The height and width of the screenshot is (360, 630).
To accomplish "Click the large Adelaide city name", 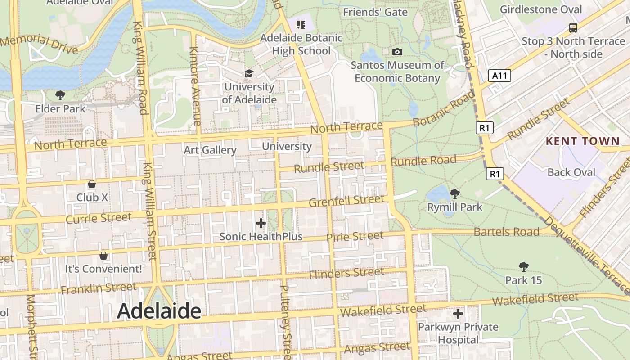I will [159, 311].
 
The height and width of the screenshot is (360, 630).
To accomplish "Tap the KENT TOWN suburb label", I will [583, 141].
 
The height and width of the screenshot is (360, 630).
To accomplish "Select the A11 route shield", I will [500, 76].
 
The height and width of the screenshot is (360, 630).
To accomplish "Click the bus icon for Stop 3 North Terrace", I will [573, 28].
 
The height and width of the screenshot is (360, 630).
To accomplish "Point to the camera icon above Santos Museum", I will [397, 52].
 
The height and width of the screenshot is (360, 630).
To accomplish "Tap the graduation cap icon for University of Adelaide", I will [249, 73].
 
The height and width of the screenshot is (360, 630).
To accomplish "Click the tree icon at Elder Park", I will [60, 95].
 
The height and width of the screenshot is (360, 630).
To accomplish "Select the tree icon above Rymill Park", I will [454, 194].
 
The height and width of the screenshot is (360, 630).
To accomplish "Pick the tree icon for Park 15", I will [523, 267].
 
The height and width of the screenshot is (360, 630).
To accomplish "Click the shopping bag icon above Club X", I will [92, 184].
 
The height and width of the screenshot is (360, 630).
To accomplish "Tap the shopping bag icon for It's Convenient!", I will [103, 256].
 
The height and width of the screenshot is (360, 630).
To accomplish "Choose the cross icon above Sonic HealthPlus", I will [261, 223].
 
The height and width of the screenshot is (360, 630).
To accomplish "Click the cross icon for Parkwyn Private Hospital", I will [458, 314].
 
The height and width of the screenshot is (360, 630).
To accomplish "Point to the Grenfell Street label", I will [346, 201].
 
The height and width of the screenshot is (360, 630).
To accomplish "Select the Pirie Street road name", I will [355, 236].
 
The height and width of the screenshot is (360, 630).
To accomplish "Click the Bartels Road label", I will [506, 232].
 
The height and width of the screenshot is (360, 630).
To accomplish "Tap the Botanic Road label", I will [443, 109].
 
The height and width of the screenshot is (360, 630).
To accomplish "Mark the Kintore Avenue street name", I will [195, 85].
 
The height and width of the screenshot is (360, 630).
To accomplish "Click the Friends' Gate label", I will [375, 12].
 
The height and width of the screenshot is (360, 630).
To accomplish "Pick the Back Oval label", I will [571, 172].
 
